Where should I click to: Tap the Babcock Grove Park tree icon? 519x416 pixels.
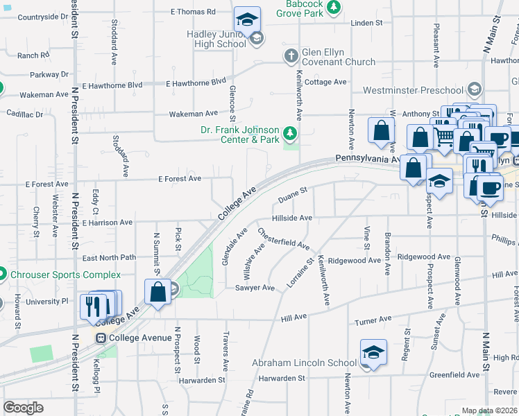pos(334,7)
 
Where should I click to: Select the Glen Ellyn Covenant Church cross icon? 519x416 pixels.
pos(291,55)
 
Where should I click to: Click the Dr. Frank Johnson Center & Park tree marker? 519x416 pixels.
pos(291,132)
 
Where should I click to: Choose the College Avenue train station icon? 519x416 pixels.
pos(101,338)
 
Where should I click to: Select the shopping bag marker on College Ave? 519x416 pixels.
pos(158,291)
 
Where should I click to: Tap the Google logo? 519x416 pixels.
pos(23,408)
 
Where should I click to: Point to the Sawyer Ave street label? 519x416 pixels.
pos(255,288)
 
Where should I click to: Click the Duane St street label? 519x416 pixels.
pos(292,195)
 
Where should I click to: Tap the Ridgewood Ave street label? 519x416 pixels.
pos(354,261)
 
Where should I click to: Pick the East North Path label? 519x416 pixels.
pos(109,258)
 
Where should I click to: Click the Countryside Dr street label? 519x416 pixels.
pos(31,16)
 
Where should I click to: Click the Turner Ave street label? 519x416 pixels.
pos(373,320)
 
